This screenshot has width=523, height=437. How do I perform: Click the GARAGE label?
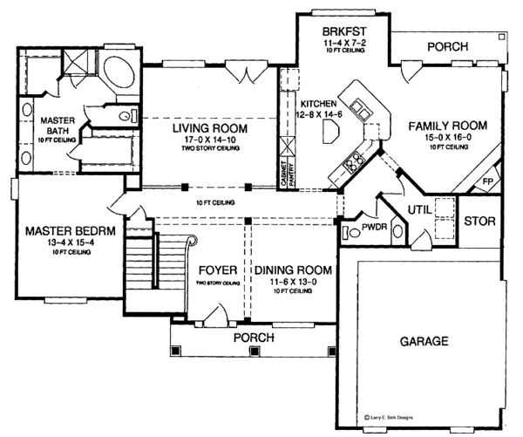425,340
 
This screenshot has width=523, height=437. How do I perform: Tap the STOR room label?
479,221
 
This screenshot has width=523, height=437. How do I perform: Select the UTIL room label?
422,208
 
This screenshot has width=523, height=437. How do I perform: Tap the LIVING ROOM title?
210,128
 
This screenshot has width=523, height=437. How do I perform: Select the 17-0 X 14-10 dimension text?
210,140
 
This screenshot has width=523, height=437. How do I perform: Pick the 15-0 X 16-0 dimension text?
448,138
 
